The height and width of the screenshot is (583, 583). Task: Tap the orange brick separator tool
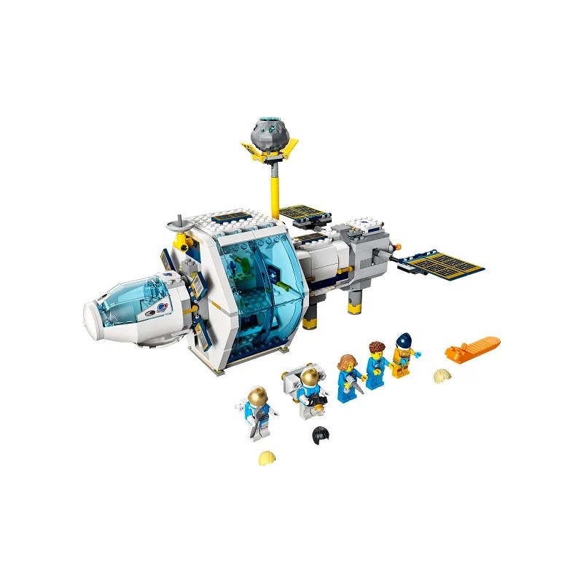tap(472, 348)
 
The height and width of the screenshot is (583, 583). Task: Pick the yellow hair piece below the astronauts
tap(267, 458)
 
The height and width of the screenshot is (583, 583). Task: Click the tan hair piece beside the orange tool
tap(442, 375)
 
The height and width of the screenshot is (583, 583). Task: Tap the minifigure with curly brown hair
tap(375, 364)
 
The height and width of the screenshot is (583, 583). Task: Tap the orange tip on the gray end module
tap(397, 246)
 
